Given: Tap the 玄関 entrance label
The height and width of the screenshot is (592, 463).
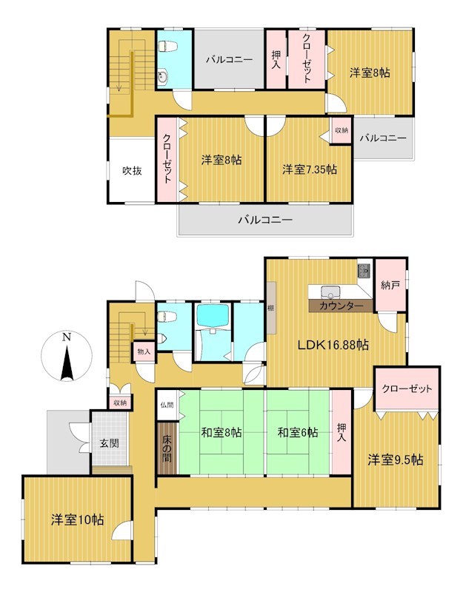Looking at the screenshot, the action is (x=109, y=443).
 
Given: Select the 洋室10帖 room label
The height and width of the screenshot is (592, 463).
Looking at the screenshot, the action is (x=78, y=520).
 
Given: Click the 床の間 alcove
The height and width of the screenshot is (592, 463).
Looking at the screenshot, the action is (x=167, y=448).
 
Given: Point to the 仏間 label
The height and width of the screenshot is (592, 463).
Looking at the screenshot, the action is (x=167, y=405).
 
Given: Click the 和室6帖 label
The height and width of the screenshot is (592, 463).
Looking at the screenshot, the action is (x=298, y=432).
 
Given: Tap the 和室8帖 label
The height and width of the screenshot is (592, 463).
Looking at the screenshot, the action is (x=221, y=432).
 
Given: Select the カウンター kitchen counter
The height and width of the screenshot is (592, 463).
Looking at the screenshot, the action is (x=341, y=306).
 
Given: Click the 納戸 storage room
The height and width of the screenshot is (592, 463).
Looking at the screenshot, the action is (x=390, y=286).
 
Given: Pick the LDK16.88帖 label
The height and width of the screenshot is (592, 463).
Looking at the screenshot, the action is (x=333, y=344).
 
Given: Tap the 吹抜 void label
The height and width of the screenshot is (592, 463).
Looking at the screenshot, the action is (x=133, y=171).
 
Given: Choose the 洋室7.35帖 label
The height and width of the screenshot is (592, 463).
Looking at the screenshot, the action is (x=310, y=169).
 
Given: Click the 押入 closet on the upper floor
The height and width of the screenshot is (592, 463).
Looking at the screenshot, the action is (x=276, y=59).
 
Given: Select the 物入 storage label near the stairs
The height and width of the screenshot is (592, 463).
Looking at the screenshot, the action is (x=144, y=352).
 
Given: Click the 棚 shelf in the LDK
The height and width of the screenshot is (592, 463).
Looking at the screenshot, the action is (x=271, y=308).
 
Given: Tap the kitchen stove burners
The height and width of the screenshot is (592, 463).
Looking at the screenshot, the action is (x=364, y=270).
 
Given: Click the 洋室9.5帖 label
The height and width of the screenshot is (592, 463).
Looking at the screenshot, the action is (x=396, y=460).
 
